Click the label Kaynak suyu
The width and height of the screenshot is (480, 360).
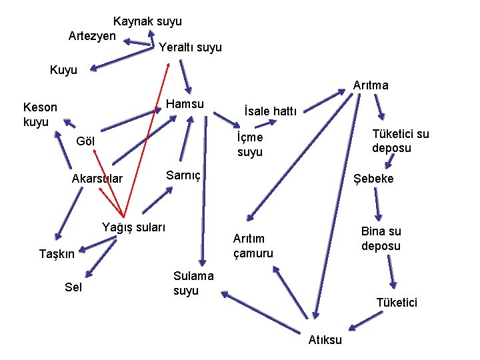coord(147,21)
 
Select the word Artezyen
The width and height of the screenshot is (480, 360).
coord(92,35)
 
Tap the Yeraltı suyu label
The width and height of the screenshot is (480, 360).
coord(190,47)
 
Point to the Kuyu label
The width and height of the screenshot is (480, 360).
coord(63,69)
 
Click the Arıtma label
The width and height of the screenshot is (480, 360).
coord(371,85)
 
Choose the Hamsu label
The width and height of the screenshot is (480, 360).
coord(185,104)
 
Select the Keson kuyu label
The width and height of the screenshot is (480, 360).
coord(40,114)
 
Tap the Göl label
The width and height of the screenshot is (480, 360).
coord(86,141)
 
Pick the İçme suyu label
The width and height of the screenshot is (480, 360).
coord(250,145)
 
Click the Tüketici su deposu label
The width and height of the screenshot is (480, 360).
coord(400,141)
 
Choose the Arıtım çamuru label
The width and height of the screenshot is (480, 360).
coord(253,245)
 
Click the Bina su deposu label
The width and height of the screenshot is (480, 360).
coord(381,239)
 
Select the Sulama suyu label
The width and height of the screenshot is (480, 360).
coord(193,283)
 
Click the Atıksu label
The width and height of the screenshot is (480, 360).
coord(325,340)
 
